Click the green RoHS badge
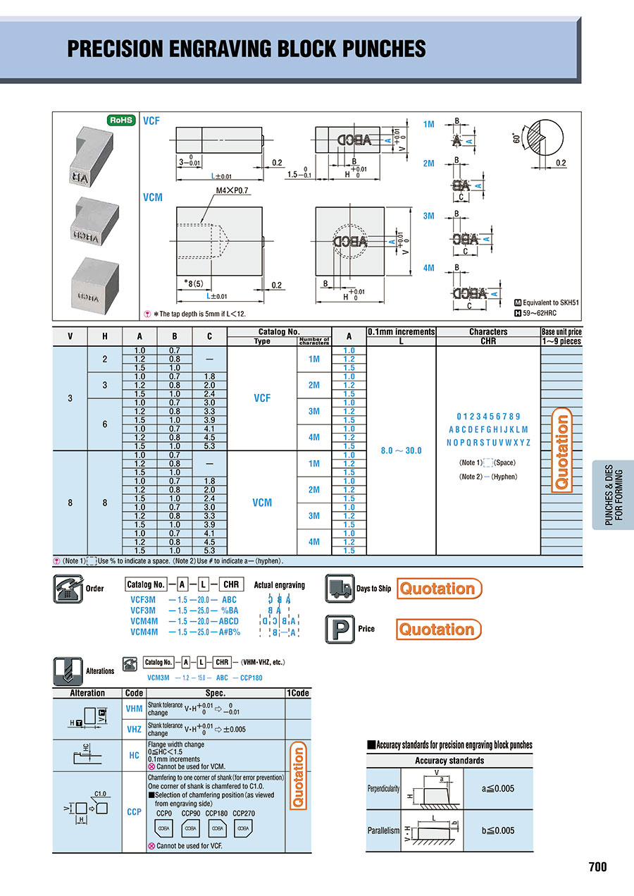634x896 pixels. click(x=120, y=121)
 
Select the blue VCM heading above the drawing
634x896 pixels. click(x=153, y=197)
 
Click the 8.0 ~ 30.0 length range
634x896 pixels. click(x=401, y=450)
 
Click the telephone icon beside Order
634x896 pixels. click(x=68, y=589)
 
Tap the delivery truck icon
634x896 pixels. click(x=340, y=589)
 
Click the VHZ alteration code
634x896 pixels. click(x=134, y=730)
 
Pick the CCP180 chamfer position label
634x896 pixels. click(x=218, y=813)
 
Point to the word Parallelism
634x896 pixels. click(x=383, y=830)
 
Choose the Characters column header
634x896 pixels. click(x=487, y=331)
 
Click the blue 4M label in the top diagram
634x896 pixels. click(x=428, y=268)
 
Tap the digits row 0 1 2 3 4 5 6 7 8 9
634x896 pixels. click(x=489, y=417)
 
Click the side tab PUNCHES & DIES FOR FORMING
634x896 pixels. click(x=614, y=495)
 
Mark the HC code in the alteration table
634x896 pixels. click(x=134, y=756)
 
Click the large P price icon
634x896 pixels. click(x=340, y=629)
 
